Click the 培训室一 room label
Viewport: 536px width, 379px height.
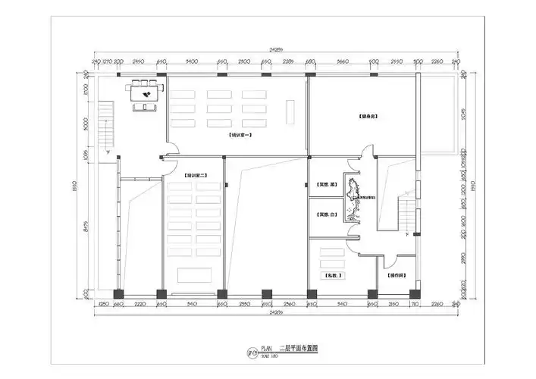point(241,134)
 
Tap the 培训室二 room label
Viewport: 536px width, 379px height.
point(196,176)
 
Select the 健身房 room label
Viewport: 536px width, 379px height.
point(368,116)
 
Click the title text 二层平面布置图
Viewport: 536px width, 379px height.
point(299,349)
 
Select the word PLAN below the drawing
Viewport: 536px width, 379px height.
point(266,349)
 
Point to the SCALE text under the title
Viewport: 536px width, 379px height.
point(268,356)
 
